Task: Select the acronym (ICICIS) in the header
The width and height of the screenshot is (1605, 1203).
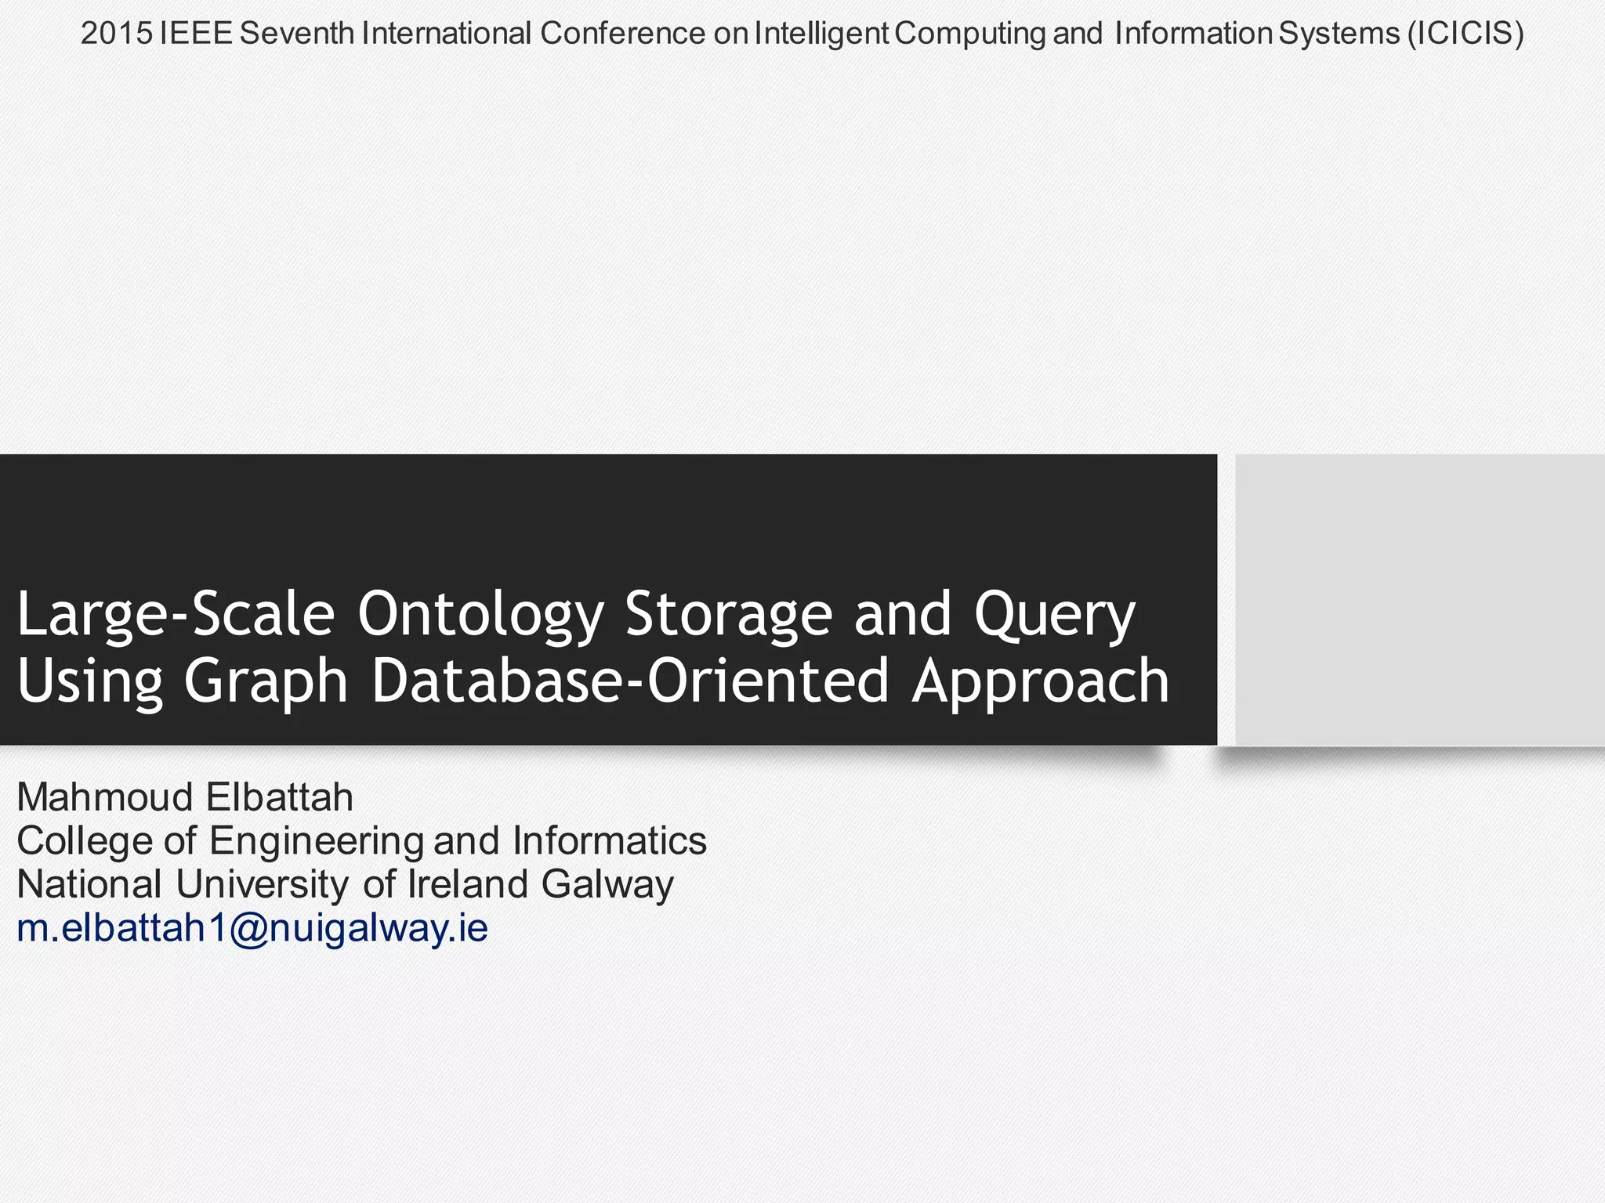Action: [x=1466, y=34]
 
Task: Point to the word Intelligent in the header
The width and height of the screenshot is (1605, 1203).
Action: [x=821, y=34]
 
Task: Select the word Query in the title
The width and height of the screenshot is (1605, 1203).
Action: [x=1054, y=616]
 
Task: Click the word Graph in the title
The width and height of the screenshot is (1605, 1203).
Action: [x=266, y=681]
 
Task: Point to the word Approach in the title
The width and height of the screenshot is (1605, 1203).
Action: [x=1040, y=681]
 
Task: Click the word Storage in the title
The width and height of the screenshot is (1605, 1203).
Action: [x=728, y=616]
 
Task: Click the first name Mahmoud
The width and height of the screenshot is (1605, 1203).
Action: [x=105, y=797]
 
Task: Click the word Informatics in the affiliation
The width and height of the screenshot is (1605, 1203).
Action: [x=610, y=840]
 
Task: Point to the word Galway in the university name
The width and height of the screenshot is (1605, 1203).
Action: [x=607, y=885]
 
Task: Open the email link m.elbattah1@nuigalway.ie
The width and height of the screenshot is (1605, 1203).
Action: [x=252, y=928]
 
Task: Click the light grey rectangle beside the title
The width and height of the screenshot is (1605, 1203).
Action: [x=1419, y=599]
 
